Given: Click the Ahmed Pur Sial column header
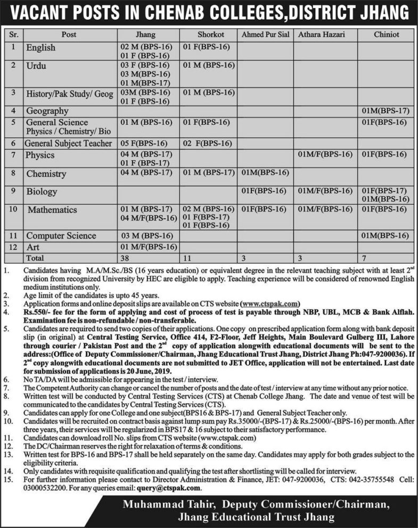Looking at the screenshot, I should pos(264,35).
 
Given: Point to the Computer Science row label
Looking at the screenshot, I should pos(61,235).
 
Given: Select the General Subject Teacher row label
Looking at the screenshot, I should pos(68,143).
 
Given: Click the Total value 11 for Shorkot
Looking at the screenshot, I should pos(187,257).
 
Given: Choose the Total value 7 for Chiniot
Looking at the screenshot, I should pos(364,257).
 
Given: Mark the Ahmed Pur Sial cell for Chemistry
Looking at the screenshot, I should pos(265,173).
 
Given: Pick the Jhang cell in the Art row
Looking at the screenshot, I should pos(148,246).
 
